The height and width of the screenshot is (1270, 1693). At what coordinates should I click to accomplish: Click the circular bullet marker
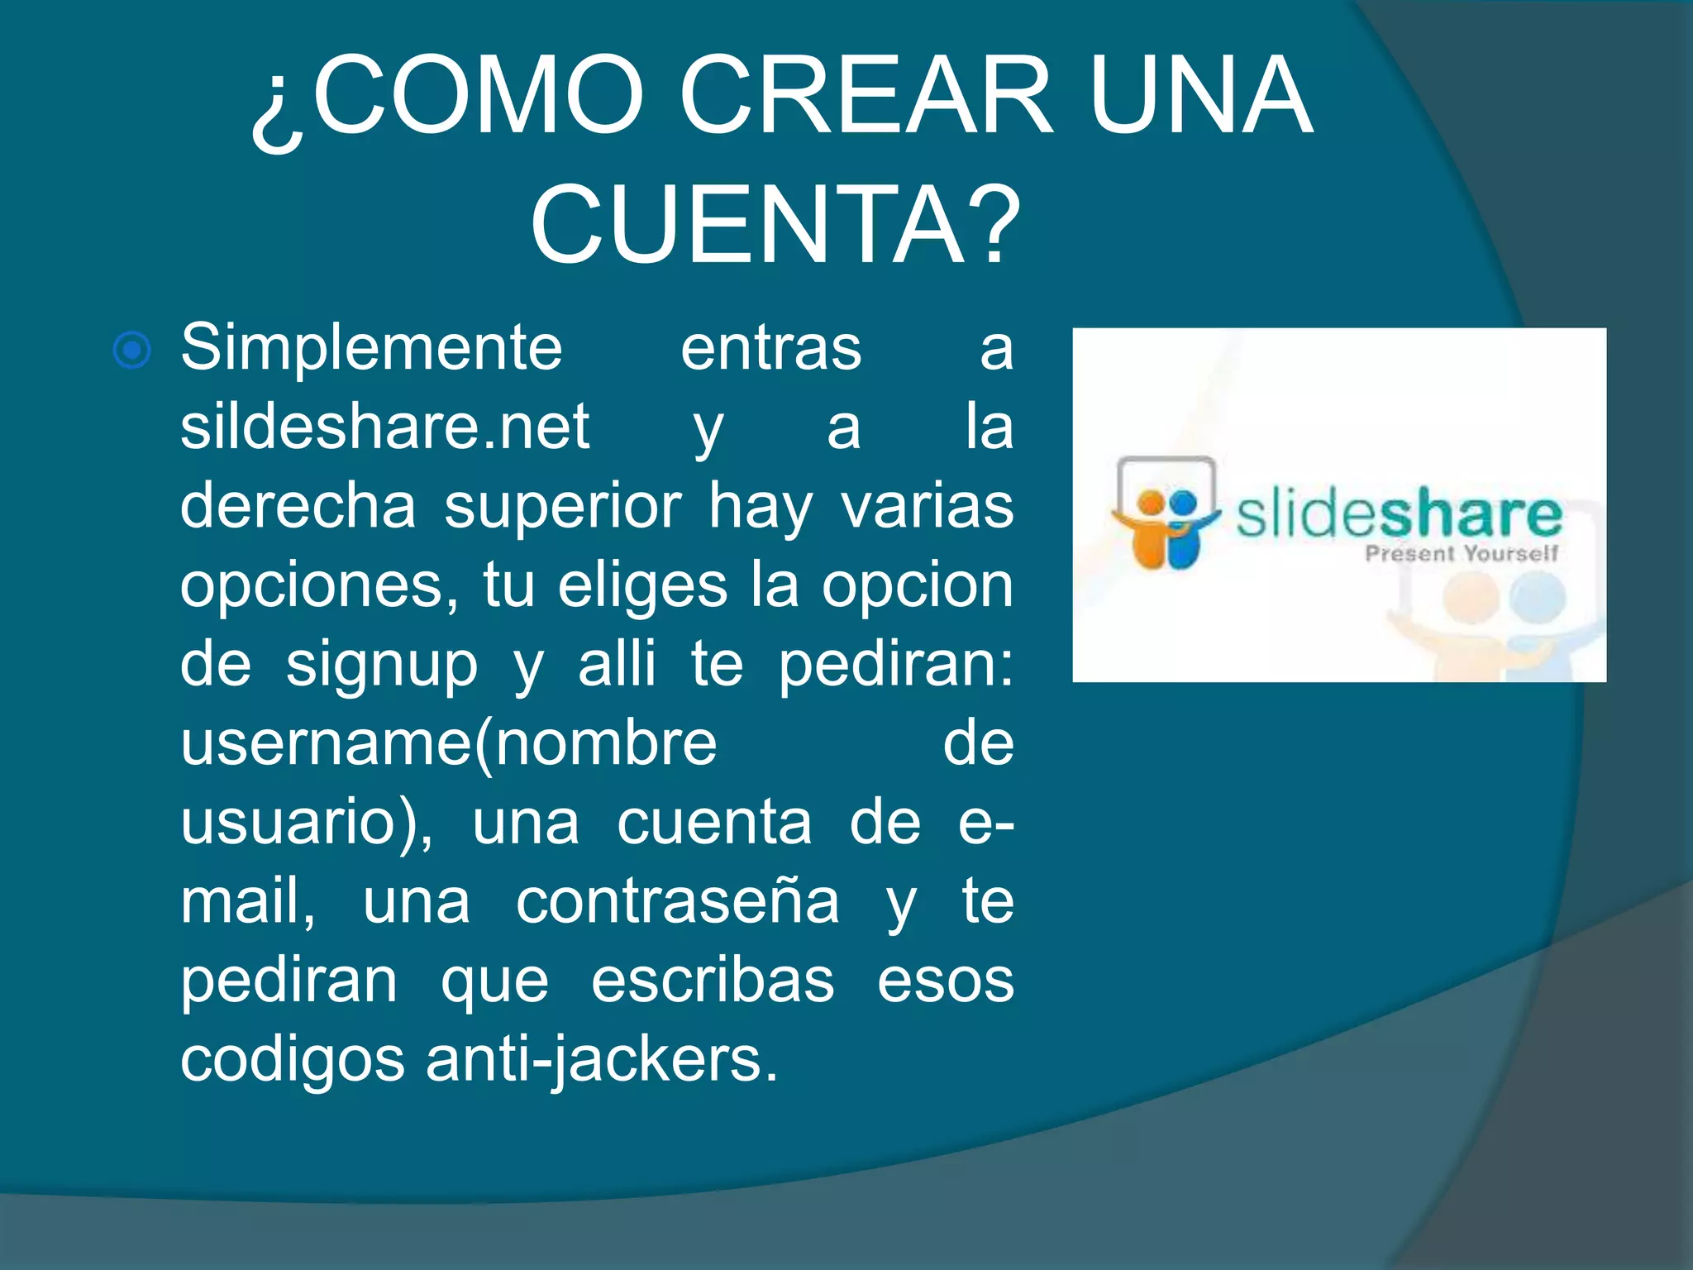tap(132, 351)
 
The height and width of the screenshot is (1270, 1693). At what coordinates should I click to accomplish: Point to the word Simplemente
tap(371, 348)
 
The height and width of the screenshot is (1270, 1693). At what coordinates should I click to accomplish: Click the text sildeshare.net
tap(384, 427)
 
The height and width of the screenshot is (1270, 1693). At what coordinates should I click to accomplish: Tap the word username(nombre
tap(449, 743)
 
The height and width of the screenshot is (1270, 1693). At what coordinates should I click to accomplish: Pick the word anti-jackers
tap(602, 1059)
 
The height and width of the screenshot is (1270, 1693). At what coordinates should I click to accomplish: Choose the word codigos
tap(292, 1059)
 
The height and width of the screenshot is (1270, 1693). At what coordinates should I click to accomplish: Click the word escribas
tap(712, 981)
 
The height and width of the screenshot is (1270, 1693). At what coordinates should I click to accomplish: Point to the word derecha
tap(298, 506)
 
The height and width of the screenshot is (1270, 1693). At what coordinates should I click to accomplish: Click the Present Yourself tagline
tap(1461, 553)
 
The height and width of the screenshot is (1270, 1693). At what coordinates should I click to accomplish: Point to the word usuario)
tap(306, 823)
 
